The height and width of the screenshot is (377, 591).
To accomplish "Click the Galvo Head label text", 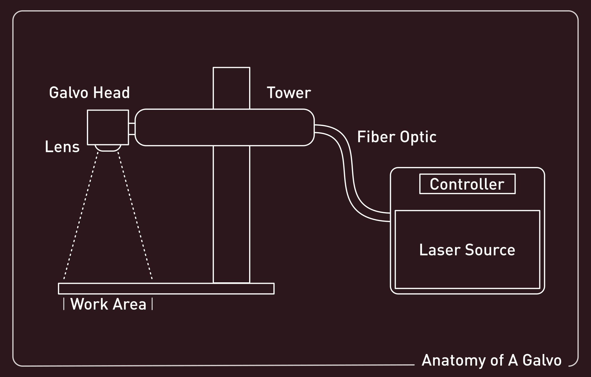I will coord(89,93).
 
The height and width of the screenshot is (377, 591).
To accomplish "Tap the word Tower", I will coord(289,93).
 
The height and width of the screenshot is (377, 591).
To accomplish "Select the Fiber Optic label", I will coord(397,137).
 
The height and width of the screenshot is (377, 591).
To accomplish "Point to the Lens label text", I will coord(62,147).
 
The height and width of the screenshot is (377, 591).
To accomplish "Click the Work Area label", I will coord(108,304).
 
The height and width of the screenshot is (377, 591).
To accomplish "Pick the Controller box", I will coord(467,184).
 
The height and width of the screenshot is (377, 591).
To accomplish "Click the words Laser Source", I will coord(467,250).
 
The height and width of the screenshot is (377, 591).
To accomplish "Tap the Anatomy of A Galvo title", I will coord(491,360).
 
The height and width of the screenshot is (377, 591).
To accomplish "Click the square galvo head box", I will coord(108,127).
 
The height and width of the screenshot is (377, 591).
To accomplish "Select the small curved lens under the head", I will coord(108,148).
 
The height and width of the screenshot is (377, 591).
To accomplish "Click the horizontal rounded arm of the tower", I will coord(225,127).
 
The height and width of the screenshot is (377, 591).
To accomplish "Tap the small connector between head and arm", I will coord(132,129).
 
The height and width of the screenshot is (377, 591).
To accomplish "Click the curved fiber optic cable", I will coord(348,171).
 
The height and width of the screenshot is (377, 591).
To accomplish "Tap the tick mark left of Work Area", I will coord(64,304).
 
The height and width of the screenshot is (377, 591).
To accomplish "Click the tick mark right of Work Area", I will coord(152,304).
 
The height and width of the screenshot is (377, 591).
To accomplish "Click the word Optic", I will coord(418,137).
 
